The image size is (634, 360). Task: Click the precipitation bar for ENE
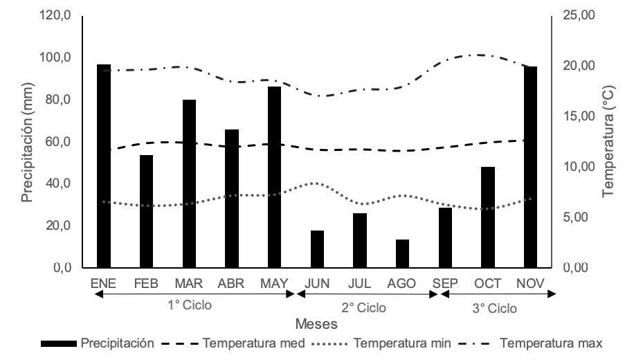pos(104,166)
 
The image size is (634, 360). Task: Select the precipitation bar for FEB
pos(146,211)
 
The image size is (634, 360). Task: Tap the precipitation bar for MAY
pos(275,177)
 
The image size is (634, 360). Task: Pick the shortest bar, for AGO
pos(403,253)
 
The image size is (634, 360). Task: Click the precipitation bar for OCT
pos(488,217)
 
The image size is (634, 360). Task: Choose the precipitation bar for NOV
pos(531,167)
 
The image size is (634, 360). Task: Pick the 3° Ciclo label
pos(495,308)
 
